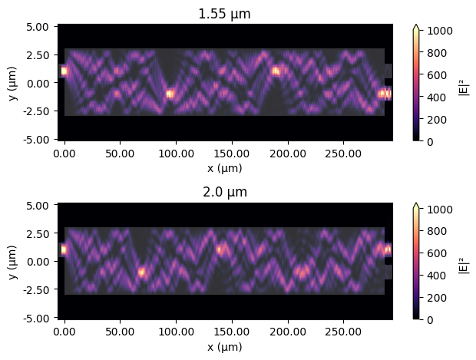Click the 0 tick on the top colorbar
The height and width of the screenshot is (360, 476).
428,141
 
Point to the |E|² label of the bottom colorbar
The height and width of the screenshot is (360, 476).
463,261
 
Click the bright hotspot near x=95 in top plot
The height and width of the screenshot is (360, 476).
170,94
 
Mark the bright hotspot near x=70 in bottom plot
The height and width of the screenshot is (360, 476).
141,272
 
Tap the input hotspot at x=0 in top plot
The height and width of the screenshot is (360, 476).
64,71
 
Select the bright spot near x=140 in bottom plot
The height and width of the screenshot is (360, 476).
220,249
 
